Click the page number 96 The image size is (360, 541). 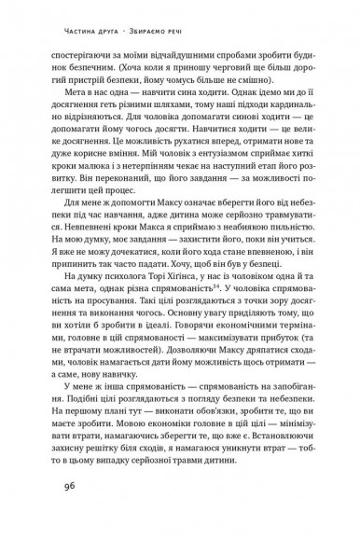tap(63, 512)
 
